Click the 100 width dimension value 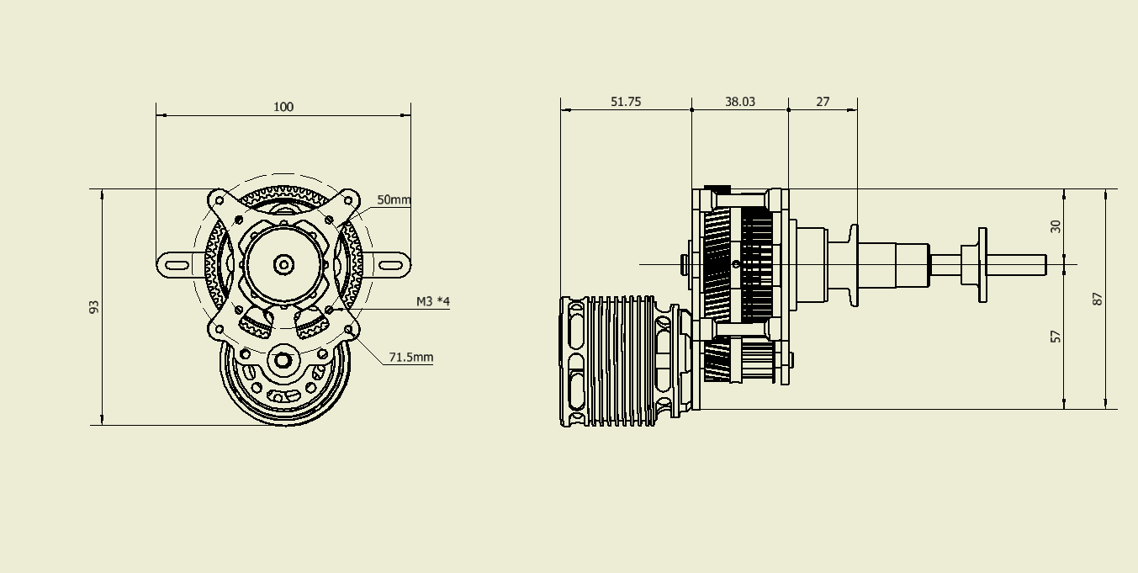(283, 107)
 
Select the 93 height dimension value (94, 307)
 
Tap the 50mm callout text (394, 200)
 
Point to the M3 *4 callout (432, 301)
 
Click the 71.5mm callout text (410, 358)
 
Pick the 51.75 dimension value (625, 101)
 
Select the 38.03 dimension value (739, 101)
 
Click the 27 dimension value (823, 101)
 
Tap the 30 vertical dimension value (1056, 225)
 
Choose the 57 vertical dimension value (1056, 336)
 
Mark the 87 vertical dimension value (1098, 298)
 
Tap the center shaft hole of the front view (283, 265)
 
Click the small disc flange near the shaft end (982, 264)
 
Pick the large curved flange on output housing (854, 264)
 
